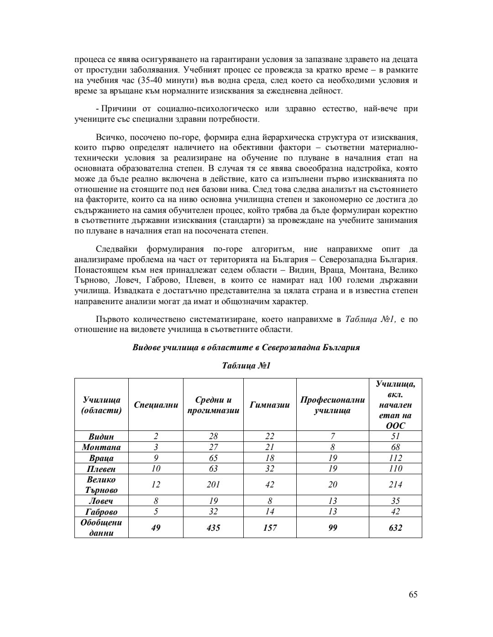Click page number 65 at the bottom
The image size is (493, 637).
[x=413, y=594]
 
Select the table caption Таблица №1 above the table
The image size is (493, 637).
[x=246, y=366]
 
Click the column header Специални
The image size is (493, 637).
[x=156, y=405]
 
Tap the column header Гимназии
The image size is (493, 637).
[x=270, y=405]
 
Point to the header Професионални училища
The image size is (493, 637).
[x=332, y=405]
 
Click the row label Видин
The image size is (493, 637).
[x=101, y=436]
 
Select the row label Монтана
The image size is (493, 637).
[x=101, y=447]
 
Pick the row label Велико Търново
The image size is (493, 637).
[x=101, y=485]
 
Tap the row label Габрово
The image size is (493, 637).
[x=101, y=512]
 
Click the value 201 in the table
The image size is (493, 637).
[x=213, y=485]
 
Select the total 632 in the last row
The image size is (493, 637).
[x=395, y=528]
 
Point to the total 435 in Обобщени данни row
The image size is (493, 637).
[x=213, y=528]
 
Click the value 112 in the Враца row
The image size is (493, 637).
[x=395, y=458]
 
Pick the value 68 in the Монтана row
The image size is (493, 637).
[x=395, y=447]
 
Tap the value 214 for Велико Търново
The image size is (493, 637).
[x=395, y=485]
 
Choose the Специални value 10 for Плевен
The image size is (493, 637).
[x=156, y=469]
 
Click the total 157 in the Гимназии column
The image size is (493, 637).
[x=270, y=528]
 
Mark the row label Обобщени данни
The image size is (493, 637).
[x=101, y=528]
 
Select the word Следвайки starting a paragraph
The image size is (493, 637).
[x=116, y=249]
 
